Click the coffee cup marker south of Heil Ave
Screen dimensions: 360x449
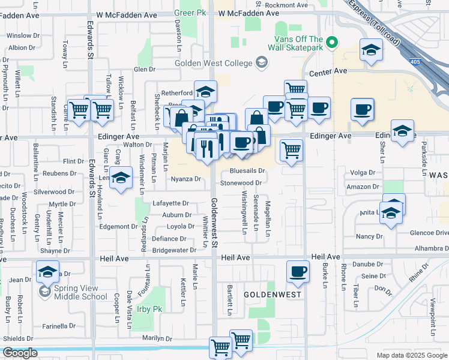coord(298,271)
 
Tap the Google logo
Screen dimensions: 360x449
coord(20,353)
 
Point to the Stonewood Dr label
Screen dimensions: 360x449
coord(241,183)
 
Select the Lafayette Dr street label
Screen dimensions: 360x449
coord(170,203)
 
